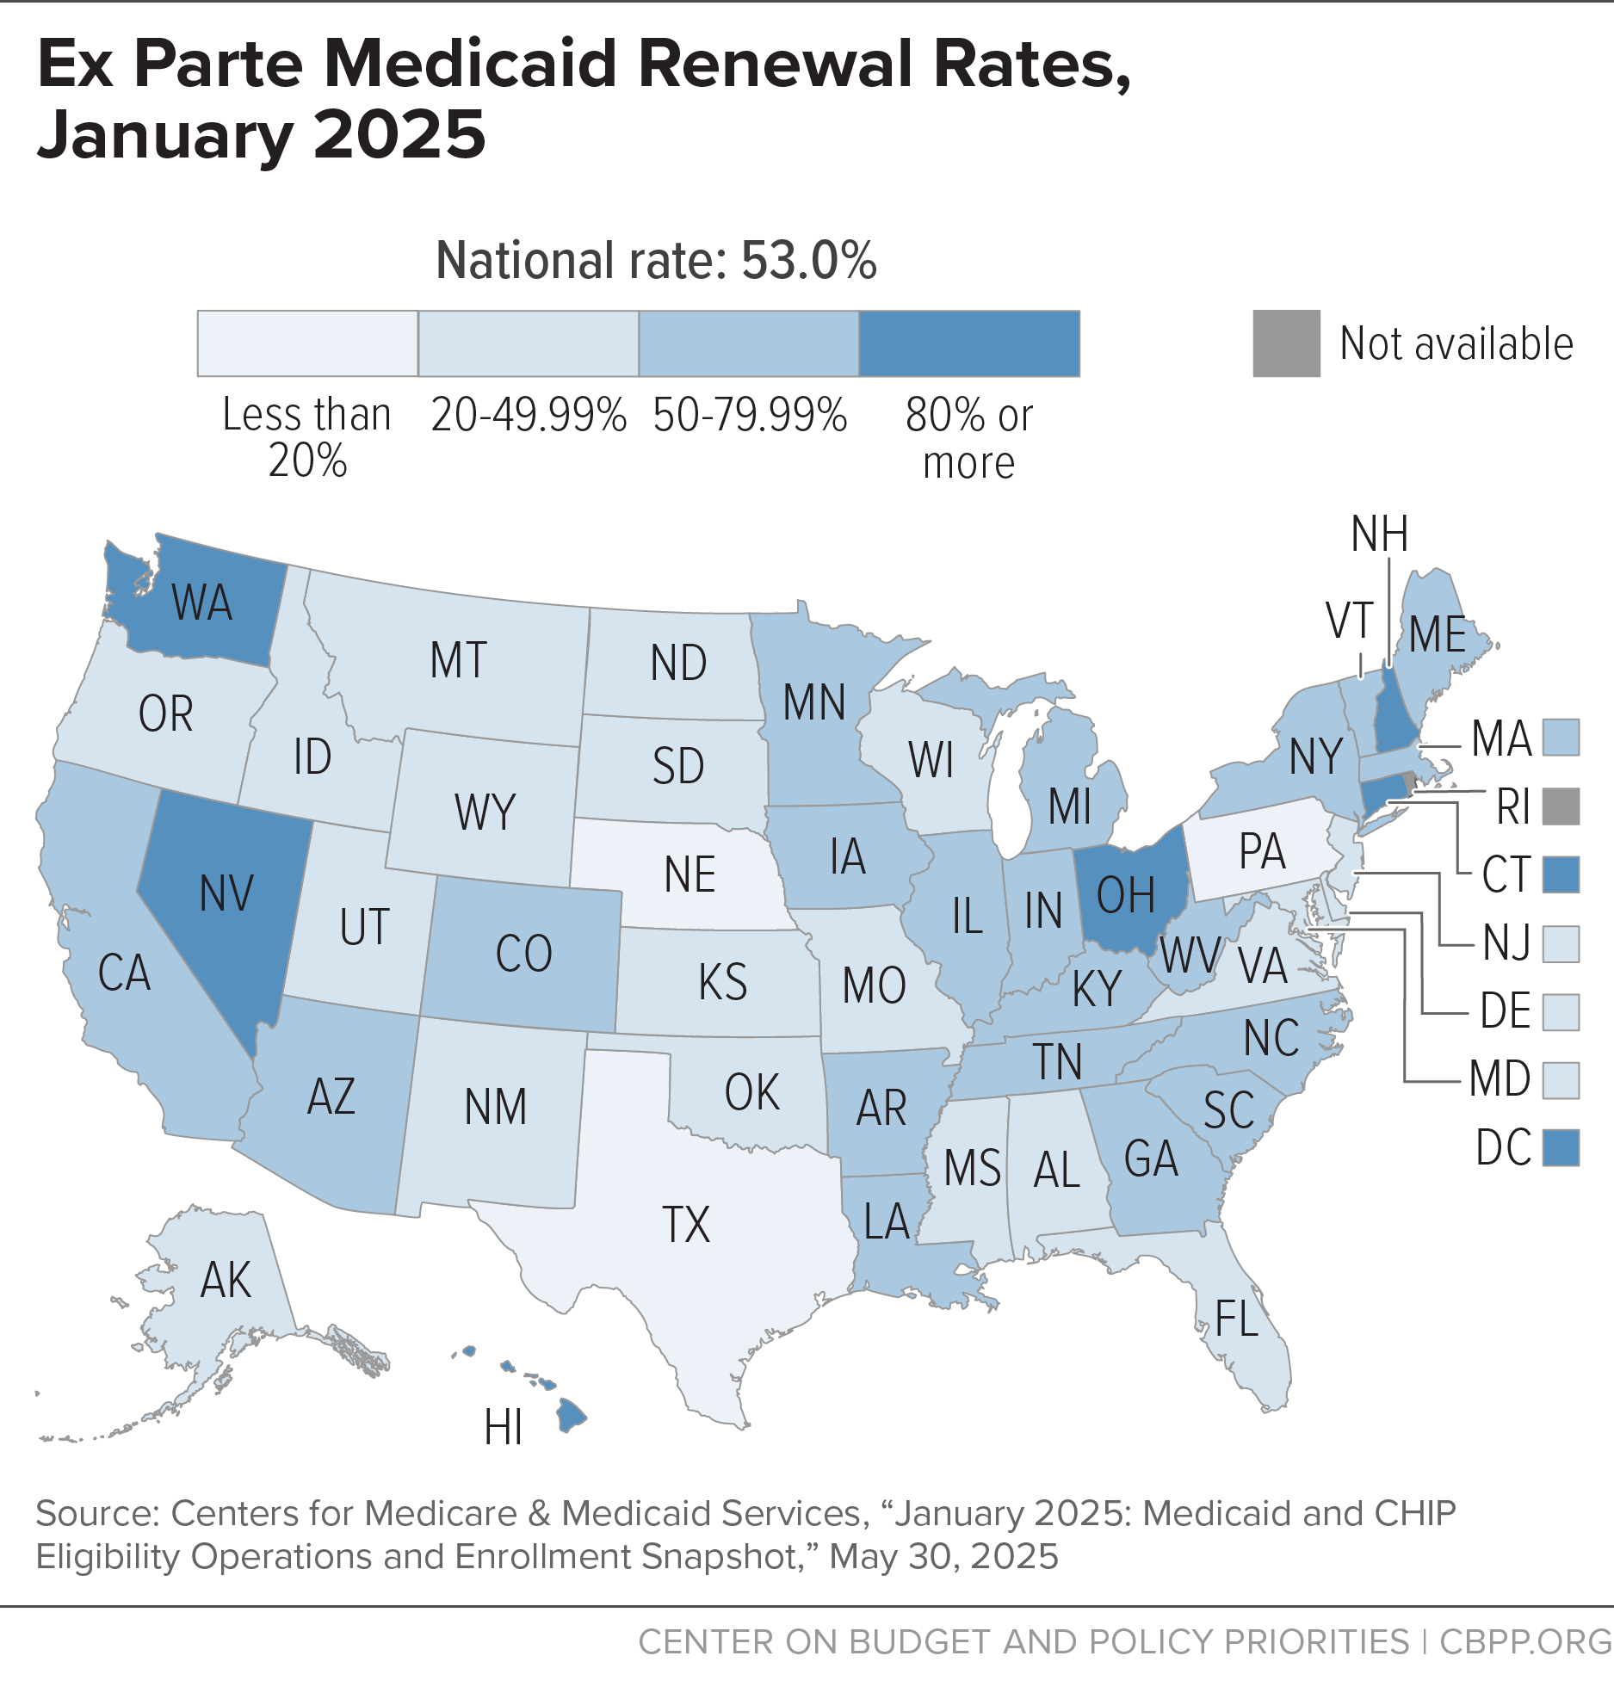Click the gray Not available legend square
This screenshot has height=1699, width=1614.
[x=1286, y=343]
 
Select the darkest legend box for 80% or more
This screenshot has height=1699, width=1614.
[x=969, y=343]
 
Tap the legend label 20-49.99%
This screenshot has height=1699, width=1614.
[x=529, y=415]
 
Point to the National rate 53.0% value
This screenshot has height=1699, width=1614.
[x=809, y=260]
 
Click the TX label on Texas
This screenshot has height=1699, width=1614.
[x=686, y=1224]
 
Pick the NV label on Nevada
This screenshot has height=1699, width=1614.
[x=226, y=893]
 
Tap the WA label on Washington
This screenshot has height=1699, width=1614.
[x=202, y=602]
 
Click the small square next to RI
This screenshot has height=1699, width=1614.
[x=1561, y=806]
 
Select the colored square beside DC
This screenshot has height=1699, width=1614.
[x=1561, y=1147]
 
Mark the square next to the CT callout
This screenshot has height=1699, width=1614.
[x=1561, y=874]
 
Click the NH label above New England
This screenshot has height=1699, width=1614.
[x=1380, y=534]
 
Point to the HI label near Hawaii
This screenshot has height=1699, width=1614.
[x=504, y=1428]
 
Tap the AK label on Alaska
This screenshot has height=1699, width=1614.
[x=226, y=1280]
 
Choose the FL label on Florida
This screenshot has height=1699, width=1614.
[x=1237, y=1318]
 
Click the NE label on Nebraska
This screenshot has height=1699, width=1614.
[x=690, y=874]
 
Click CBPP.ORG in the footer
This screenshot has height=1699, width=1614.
[x=1526, y=1641]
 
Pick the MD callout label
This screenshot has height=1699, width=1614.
[x=1500, y=1079]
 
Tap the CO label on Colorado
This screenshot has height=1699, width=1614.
[x=523, y=954]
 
